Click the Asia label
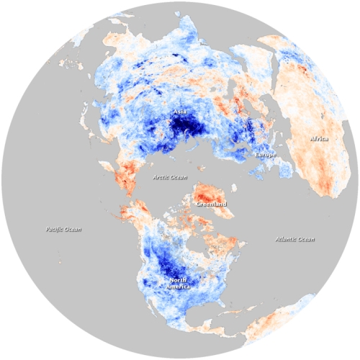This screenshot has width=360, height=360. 179,112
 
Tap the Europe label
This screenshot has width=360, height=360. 265,155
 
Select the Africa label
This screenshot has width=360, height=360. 320,138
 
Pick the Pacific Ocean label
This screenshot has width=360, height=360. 62,230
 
